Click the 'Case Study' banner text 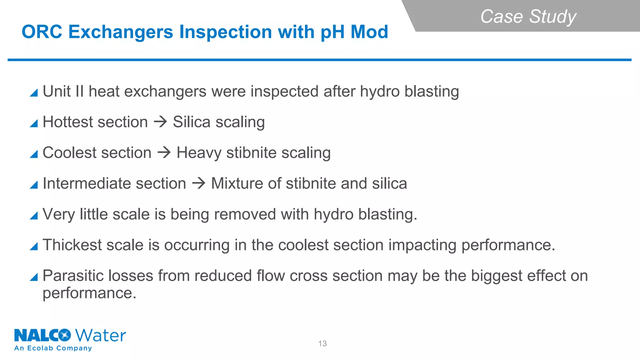pyautogui.click(x=528, y=16)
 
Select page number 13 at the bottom pyautogui.click(x=322, y=343)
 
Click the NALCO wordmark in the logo pyautogui.click(x=42, y=335)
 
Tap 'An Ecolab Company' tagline pyautogui.click(x=53, y=348)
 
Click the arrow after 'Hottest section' pyautogui.click(x=161, y=122)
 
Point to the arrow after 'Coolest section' pyautogui.click(x=164, y=152)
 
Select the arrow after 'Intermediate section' pyautogui.click(x=199, y=183)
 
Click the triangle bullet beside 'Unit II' pyautogui.click(x=34, y=93)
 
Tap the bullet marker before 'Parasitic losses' pyautogui.click(x=34, y=277)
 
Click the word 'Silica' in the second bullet pyautogui.click(x=192, y=122)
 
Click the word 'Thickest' pyautogui.click(x=72, y=245)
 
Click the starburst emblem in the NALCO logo pyautogui.click(x=65, y=335)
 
